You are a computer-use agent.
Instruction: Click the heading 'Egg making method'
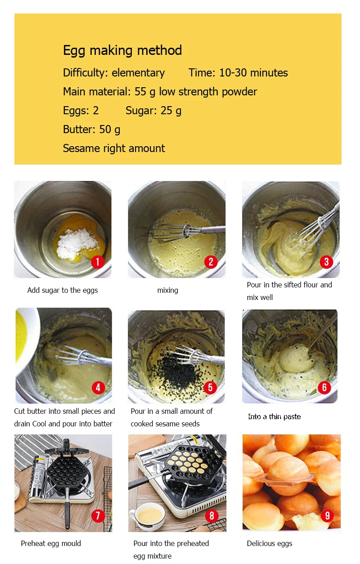click(122, 50)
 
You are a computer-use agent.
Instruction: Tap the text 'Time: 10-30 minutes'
click(238, 73)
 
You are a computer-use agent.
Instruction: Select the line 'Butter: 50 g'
click(91, 130)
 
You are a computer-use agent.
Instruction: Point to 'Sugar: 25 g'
click(153, 111)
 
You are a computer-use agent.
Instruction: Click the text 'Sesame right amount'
click(114, 148)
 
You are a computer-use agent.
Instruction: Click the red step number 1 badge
click(97, 262)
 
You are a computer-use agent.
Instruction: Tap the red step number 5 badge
click(210, 387)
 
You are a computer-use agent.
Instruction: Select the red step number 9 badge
click(327, 515)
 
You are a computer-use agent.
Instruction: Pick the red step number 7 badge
click(97, 515)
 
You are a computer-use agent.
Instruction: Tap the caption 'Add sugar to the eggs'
click(63, 291)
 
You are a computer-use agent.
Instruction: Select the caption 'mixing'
click(167, 291)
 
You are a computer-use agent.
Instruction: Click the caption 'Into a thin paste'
click(274, 416)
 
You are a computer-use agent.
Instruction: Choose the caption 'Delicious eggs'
click(269, 543)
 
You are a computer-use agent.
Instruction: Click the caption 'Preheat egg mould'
click(51, 543)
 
